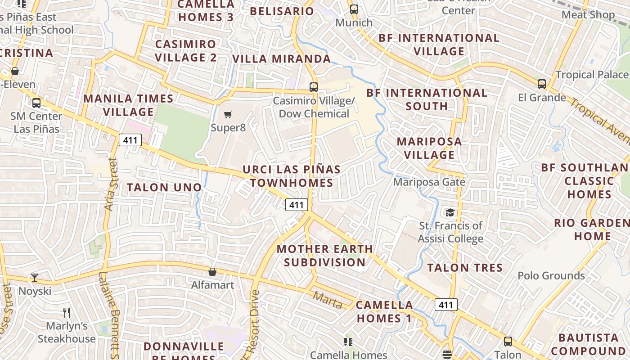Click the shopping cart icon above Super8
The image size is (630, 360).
point(228,114)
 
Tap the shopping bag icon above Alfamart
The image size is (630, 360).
point(212,272)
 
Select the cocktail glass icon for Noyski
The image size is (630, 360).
point(35,277)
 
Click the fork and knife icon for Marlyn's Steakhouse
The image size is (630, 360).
point(67,312)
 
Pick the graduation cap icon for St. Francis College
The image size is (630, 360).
point(450,212)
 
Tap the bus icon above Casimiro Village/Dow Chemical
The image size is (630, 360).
point(314,87)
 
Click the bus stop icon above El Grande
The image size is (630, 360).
point(542,84)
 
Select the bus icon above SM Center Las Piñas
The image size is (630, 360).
point(36,103)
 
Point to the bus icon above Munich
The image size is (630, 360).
point(354,9)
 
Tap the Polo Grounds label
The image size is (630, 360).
point(551,275)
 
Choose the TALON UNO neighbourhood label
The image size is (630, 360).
point(164,187)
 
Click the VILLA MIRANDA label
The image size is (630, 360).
point(281,58)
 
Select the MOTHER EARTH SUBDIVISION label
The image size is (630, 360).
point(324,255)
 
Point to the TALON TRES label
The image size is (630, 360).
point(465,268)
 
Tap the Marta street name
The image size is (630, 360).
point(328,300)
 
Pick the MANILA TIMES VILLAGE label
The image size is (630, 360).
point(128,105)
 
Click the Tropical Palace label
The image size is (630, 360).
point(592,75)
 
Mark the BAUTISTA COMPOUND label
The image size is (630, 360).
point(589,344)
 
